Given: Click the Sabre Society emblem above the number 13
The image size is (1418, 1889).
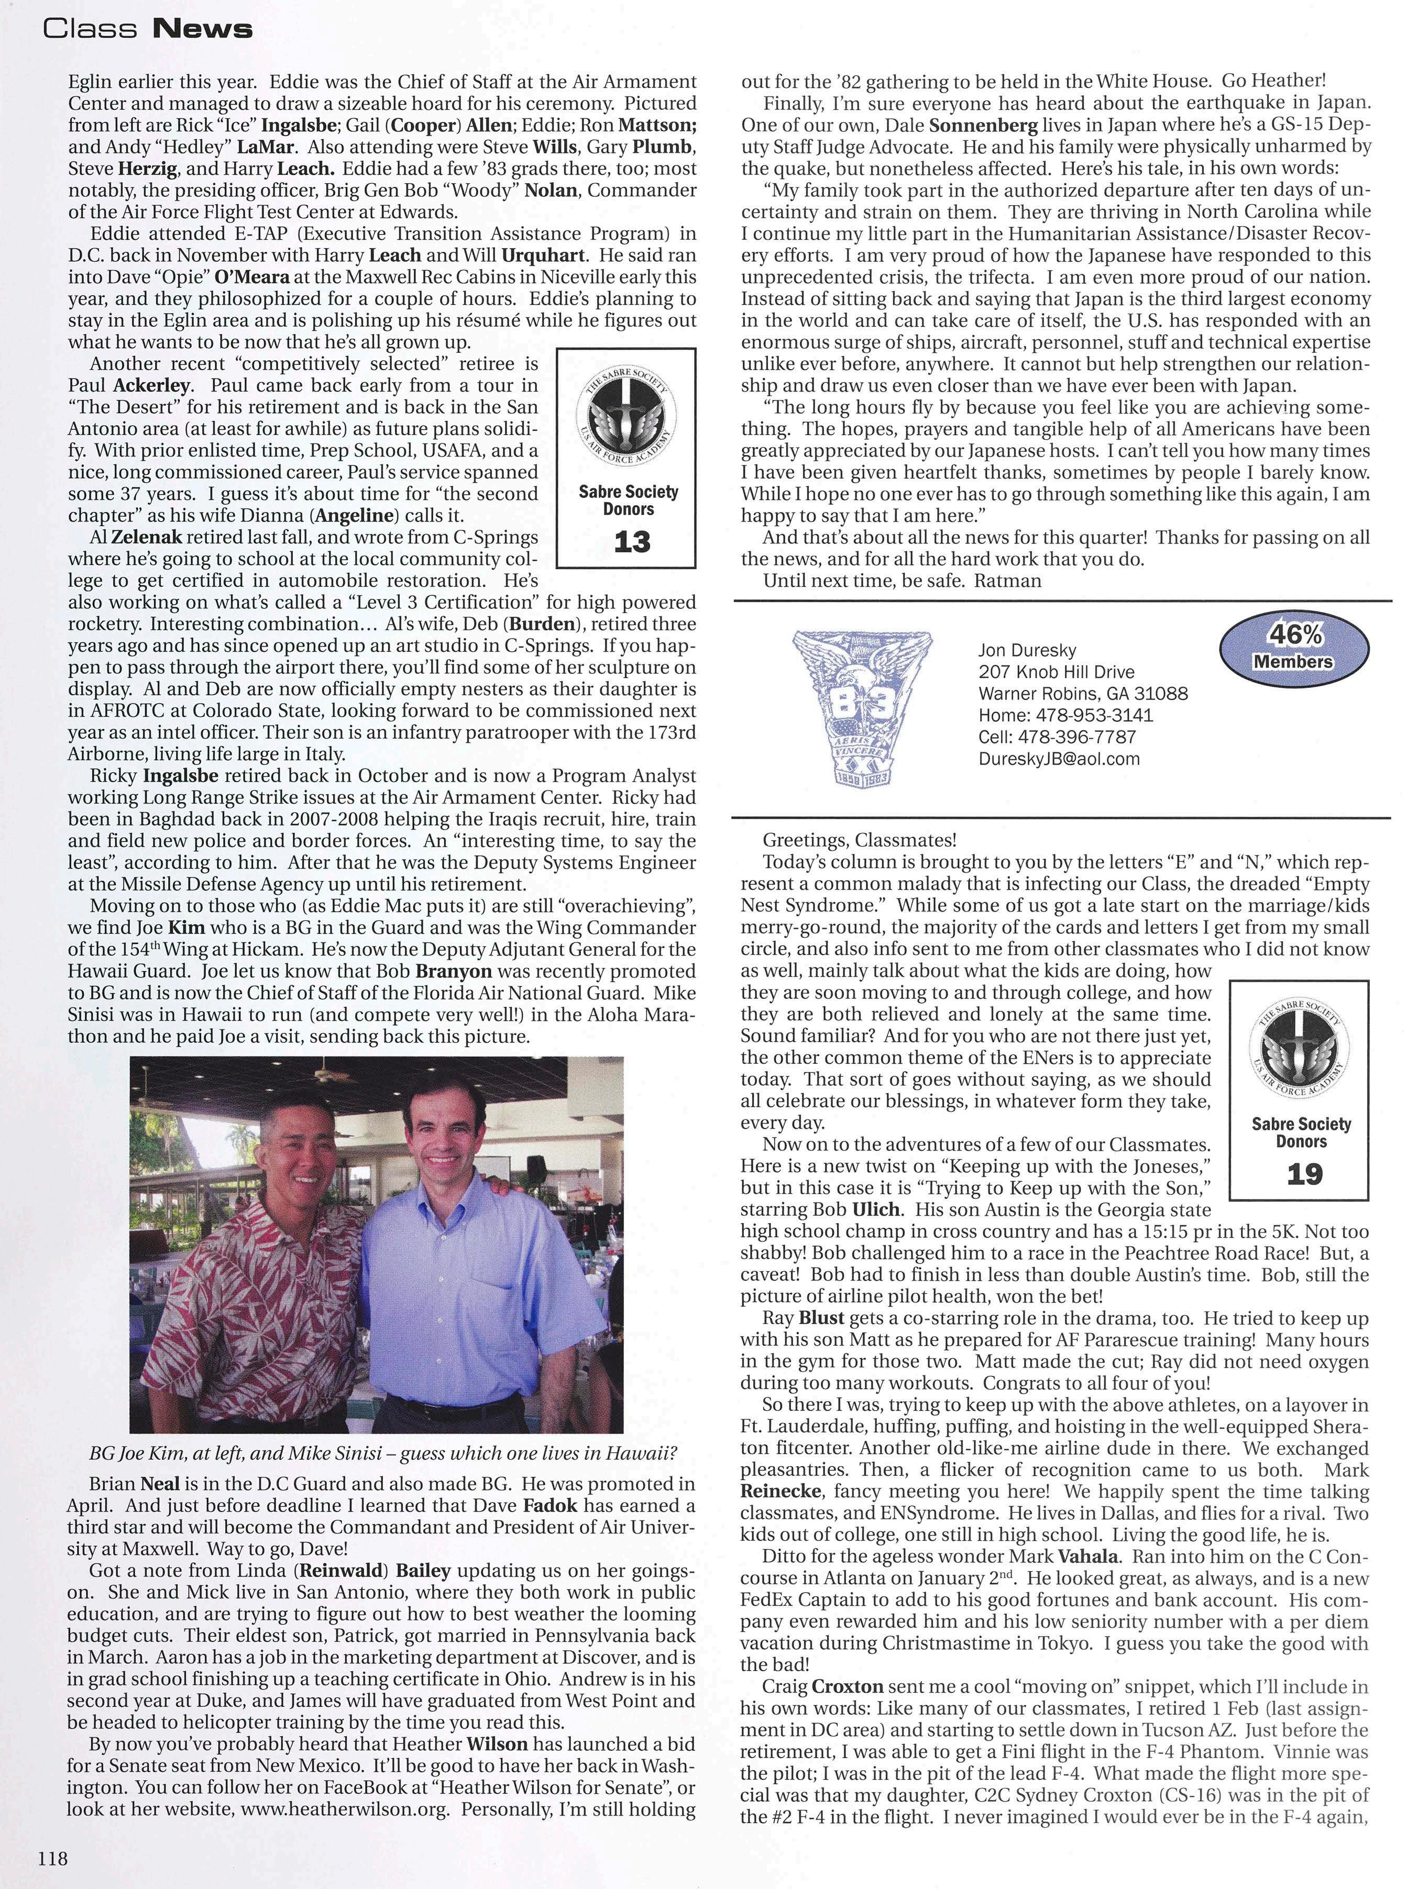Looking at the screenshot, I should (629, 418).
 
